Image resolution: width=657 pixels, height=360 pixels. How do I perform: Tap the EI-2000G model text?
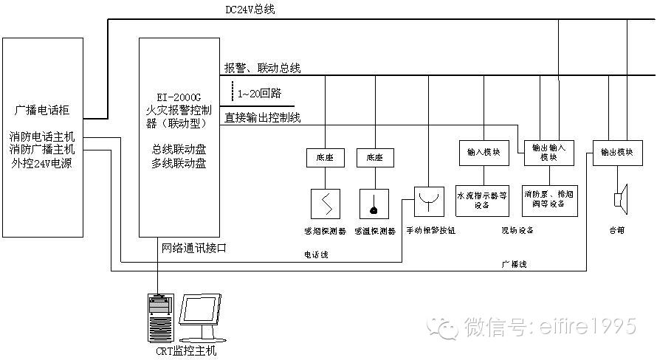click(179, 97)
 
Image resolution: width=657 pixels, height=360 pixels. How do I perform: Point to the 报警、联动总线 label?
click(263, 68)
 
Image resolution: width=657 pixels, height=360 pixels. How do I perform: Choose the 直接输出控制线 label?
click(263, 117)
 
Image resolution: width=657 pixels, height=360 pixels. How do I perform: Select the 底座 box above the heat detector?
click(375, 157)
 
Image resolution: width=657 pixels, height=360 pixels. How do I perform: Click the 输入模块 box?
click(484, 152)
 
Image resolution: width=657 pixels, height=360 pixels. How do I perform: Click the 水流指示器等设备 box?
click(484, 200)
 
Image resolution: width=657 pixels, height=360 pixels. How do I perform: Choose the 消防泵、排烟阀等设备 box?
click(547, 200)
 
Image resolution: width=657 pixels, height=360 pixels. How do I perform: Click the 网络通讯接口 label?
click(193, 248)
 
